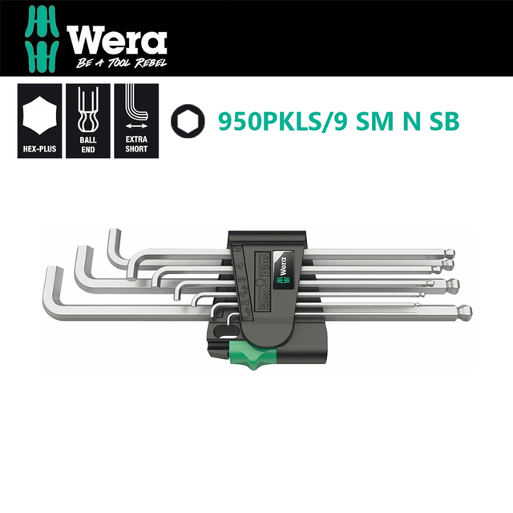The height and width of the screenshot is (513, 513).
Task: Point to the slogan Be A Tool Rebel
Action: point(121,63)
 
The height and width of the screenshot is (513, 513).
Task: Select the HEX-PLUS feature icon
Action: point(39,121)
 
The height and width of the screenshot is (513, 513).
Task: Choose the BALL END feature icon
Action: point(88,121)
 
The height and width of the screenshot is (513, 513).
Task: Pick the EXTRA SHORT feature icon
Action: point(136,121)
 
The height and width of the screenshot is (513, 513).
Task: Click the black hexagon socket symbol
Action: point(188,121)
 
